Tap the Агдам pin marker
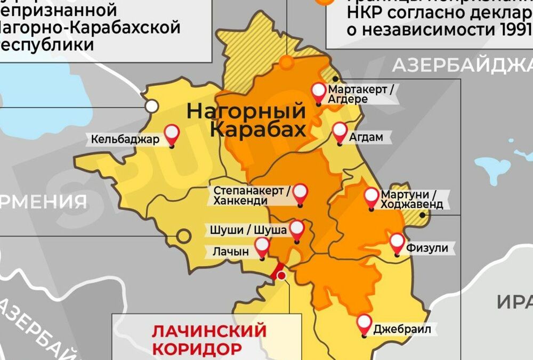(x=340, y=131)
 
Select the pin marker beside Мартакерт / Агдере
(x=319, y=93)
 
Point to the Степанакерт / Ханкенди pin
(x=301, y=193)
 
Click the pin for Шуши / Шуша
(x=296, y=230)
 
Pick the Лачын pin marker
(x=262, y=247)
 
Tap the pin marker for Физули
(x=397, y=243)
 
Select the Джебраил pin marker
(x=365, y=323)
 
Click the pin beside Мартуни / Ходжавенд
(x=372, y=197)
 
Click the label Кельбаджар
(x=125, y=140)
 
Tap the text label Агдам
(x=366, y=137)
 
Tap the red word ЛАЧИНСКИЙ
(x=209, y=330)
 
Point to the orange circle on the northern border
(x=287, y=62)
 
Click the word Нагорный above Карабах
(x=246, y=111)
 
